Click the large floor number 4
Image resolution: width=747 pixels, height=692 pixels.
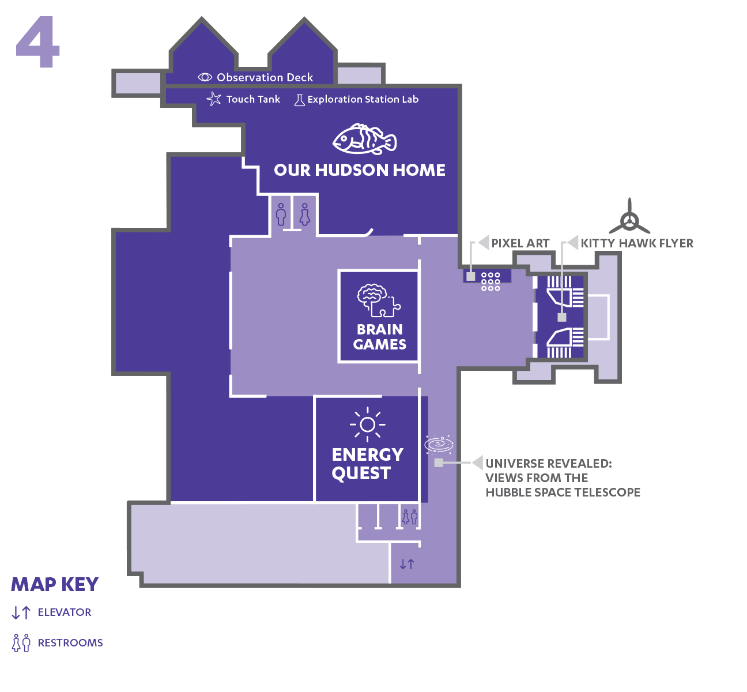(x=38, y=43)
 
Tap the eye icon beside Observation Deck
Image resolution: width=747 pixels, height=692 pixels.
(x=205, y=77)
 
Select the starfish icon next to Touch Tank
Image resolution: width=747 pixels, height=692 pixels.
(x=214, y=99)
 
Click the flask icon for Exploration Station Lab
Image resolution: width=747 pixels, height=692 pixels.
(x=299, y=100)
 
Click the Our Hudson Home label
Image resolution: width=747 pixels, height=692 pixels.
(x=360, y=170)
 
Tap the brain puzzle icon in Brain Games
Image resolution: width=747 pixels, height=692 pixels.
(x=378, y=300)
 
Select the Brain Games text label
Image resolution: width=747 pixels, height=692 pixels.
(x=379, y=337)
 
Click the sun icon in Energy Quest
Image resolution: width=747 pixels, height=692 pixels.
(x=367, y=425)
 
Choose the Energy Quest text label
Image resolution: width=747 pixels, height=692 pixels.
(x=367, y=464)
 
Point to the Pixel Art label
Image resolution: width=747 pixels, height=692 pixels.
(x=520, y=243)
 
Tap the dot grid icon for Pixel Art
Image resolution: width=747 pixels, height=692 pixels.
(x=491, y=281)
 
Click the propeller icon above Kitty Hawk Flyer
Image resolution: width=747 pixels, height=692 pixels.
(x=629, y=217)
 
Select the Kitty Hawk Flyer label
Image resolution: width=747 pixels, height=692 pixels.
(x=637, y=243)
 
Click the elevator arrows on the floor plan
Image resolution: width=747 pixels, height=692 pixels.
(x=407, y=564)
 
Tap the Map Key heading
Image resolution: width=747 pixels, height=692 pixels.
(x=55, y=585)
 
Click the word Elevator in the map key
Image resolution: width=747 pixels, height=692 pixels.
(x=65, y=612)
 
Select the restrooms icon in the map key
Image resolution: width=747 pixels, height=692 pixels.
(x=21, y=642)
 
